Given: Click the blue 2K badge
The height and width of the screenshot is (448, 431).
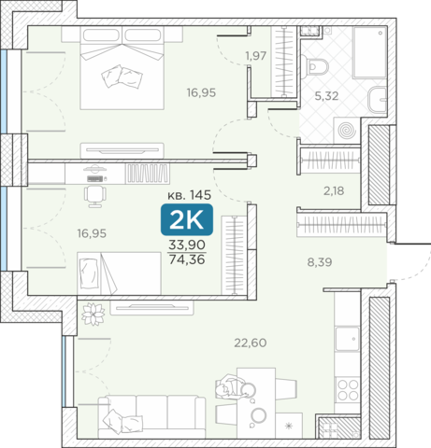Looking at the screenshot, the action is point(187,219).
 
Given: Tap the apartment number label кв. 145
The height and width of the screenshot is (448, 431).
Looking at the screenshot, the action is point(190,195).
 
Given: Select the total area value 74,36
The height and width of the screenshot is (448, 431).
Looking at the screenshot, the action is point(187,259).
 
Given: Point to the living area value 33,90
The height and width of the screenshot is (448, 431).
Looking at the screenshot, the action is point(187,245).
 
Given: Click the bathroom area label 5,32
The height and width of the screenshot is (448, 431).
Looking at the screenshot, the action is point(326,96).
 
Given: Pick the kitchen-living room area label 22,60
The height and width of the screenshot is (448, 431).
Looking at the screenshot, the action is point(251,343).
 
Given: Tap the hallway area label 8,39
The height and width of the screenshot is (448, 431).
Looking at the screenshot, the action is point(320,262).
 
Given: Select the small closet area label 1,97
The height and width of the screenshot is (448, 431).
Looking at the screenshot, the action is point(255,56).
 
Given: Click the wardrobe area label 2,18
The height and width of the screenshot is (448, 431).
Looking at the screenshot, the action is point(334,191).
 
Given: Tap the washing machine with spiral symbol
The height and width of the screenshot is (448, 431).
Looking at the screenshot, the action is point(347,131).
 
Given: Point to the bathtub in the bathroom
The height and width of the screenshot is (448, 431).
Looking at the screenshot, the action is point(370,52).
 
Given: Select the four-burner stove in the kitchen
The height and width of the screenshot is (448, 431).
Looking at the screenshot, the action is point(348,389).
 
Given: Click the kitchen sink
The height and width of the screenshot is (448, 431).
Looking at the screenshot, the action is point(348,339).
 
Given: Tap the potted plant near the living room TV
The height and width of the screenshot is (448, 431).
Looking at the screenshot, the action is point(93,314).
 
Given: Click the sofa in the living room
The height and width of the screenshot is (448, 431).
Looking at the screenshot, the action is point(151,417).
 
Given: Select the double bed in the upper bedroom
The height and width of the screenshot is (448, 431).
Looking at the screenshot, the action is point(122,68).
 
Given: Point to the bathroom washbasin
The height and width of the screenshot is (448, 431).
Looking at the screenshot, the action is point(378,100).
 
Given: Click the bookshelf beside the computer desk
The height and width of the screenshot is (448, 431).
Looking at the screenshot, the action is point(148,173).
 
